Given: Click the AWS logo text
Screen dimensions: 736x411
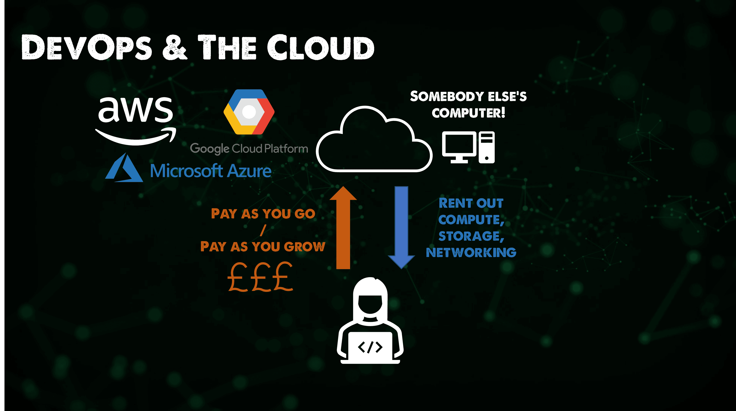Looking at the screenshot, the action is pos(136,109).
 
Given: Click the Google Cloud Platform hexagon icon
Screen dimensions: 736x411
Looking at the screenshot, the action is pos(249,112).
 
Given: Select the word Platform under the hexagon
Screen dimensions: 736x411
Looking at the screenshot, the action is pos(286,149).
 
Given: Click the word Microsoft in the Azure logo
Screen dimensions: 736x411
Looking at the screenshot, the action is pos(186,171).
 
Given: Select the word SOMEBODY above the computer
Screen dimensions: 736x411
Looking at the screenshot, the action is pos(447,97).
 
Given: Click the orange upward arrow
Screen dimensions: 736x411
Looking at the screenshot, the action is pos(343,228).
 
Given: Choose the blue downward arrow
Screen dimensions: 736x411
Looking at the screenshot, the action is pos(401,228).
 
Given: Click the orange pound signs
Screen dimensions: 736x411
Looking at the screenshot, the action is pos(260,277).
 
